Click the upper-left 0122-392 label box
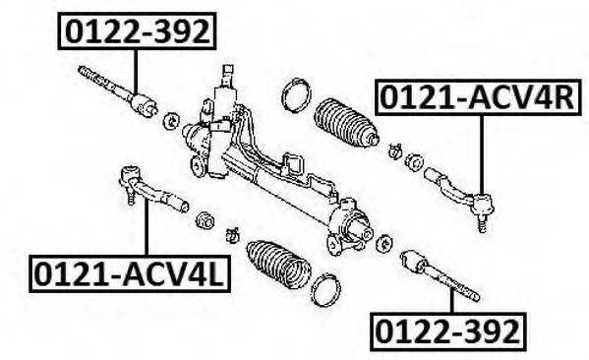[137, 30]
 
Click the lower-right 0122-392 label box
[447, 331]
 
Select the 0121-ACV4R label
[478, 97]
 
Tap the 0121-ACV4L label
[130, 274]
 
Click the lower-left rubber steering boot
[278, 266]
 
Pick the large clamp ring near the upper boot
[296, 95]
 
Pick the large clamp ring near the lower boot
[326, 290]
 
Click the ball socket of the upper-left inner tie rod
[144, 103]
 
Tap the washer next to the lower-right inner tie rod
[383, 244]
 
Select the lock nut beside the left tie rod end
[206, 219]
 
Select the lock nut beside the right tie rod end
[414, 162]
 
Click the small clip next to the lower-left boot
[232, 235]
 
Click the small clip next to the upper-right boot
[394, 150]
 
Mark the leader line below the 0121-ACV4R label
[481, 154]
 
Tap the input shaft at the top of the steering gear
[228, 75]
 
